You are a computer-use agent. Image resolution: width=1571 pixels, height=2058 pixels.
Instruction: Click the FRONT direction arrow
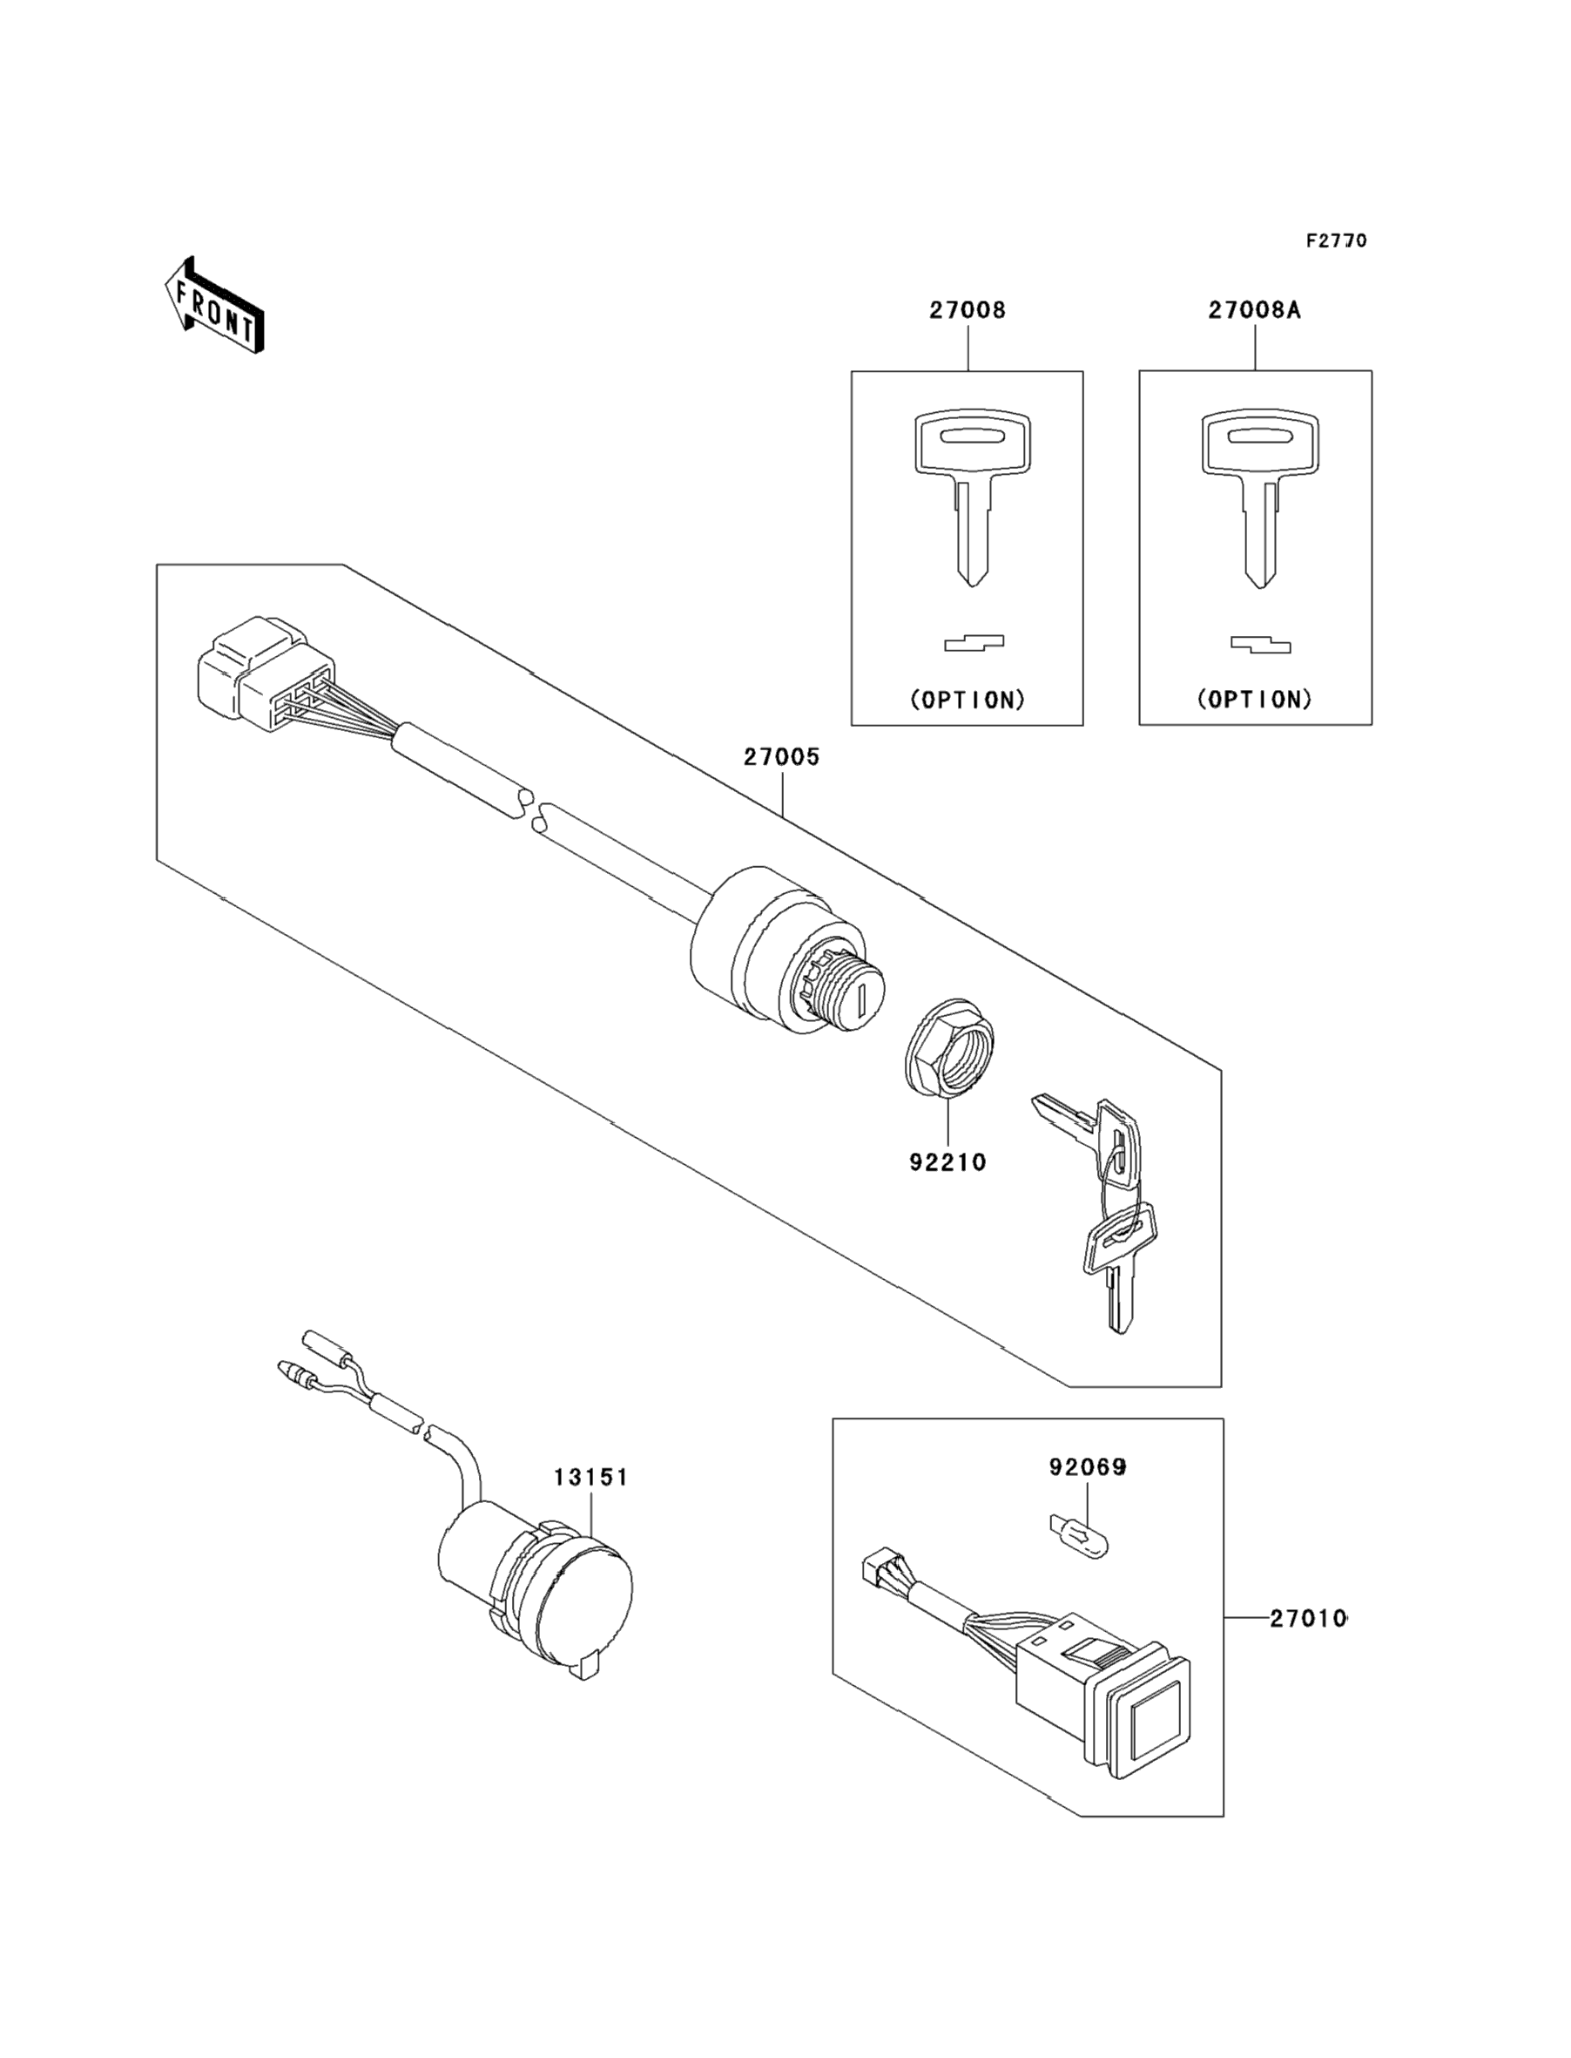pyautogui.click(x=214, y=306)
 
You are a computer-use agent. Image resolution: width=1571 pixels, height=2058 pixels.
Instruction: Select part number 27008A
pyautogui.click(x=1254, y=310)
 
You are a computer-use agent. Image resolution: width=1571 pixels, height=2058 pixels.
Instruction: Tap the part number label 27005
pyautogui.click(x=782, y=757)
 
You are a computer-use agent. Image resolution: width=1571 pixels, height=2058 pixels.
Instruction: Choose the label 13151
pyautogui.click(x=591, y=1477)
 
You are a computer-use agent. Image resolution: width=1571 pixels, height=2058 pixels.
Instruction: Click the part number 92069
pyautogui.click(x=1088, y=1468)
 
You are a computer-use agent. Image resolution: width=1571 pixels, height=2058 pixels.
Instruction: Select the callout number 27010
pyautogui.click(x=1307, y=1619)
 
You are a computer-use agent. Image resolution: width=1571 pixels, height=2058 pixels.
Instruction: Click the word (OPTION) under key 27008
pyautogui.click(x=968, y=700)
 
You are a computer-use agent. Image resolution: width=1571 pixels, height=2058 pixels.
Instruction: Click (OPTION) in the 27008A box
pyautogui.click(x=1255, y=700)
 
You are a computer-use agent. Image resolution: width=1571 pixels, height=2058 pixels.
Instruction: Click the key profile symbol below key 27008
pyautogui.click(x=974, y=643)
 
